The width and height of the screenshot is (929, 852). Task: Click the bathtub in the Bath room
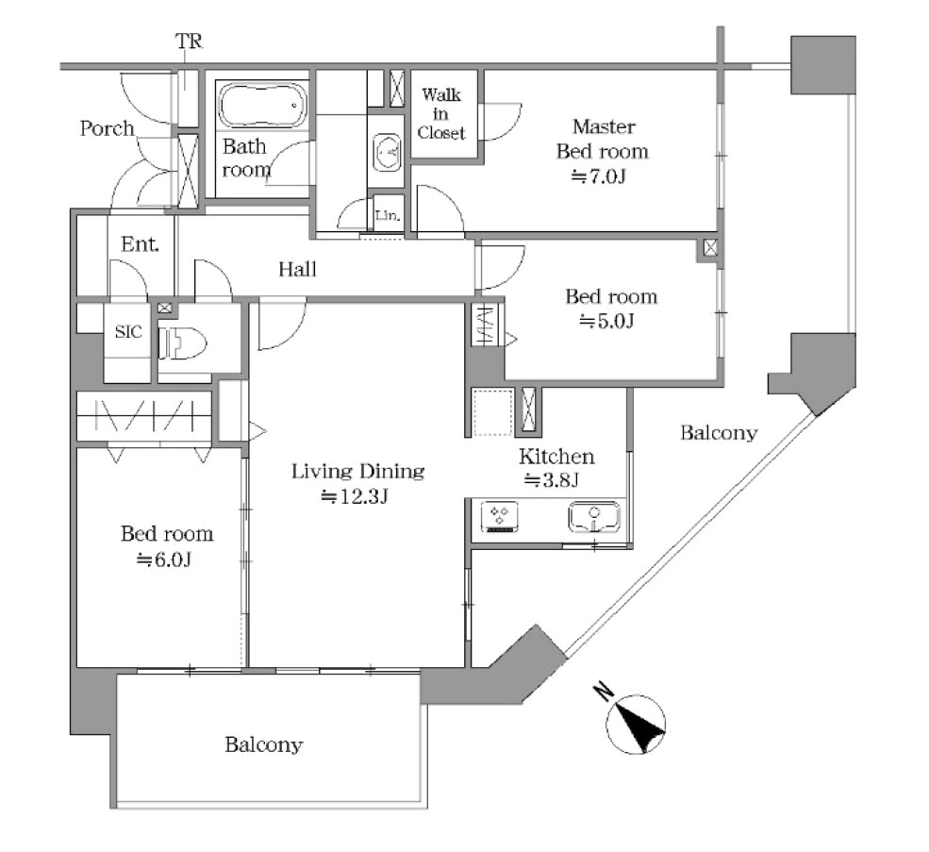click(x=263, y=105)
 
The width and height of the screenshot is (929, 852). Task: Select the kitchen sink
click(x=594, y=517)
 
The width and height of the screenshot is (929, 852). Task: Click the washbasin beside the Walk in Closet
click(x=387, y=152)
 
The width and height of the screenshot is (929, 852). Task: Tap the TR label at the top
click(x=189, y=42)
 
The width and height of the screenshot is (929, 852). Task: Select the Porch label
click(x=108, y=128)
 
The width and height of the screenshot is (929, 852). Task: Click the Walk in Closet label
click(x=441, y=114)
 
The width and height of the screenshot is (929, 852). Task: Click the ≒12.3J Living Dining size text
click(x=355, y=496)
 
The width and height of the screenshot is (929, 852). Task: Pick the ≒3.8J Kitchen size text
click(x=551, y=479)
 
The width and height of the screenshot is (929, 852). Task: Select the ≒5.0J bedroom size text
click(x=606, y=322)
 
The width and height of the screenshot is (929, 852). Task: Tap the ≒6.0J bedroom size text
click(x=164, y=560)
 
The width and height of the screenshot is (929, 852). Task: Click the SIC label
click(x=128, y=332)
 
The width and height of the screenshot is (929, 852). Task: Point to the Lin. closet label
click(x=388, y=214)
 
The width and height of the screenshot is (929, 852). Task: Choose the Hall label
click(x=297, y=270)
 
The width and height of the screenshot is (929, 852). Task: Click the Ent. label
click(x=140, y=243)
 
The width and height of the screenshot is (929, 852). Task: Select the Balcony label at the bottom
click(x=264, y=744)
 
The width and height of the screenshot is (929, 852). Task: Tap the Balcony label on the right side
click(x=719, y=433)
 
